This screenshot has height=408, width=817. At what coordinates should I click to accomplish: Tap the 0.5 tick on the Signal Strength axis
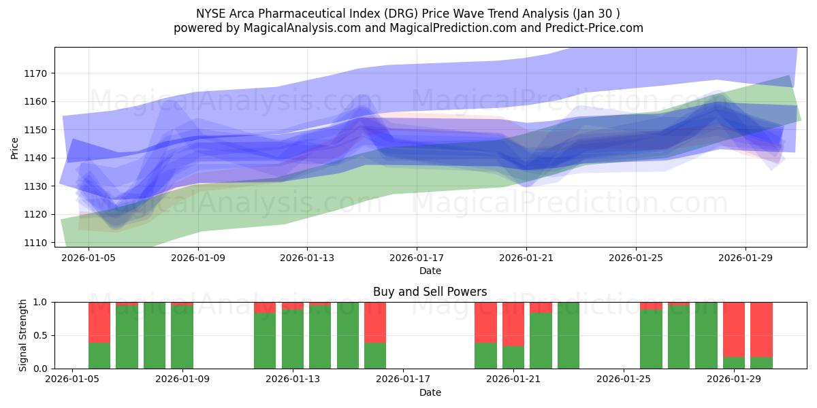(x=40, y=335)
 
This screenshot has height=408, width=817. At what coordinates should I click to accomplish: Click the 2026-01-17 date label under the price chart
(x=416, y=258)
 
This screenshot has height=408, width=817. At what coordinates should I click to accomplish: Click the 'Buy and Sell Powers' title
(x=430, y=292)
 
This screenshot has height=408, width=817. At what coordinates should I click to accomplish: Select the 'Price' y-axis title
(x=15, y=148)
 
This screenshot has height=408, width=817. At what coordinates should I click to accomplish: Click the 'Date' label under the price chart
(x=430, y=271)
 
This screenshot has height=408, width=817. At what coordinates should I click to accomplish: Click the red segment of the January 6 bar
(x=99, y=322)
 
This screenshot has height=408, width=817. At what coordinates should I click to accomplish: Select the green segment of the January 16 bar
(x=375, y=355)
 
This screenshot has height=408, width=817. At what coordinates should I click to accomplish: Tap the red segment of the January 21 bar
(x=513, y=324)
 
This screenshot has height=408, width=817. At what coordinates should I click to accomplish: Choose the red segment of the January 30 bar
(x=761, y=329)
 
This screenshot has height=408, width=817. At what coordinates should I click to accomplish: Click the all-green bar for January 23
(x=568, y=335)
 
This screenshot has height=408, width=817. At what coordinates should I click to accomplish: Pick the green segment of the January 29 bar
(x=734, y=362)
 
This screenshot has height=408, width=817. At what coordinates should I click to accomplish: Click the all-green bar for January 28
(x=706, y=335)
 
